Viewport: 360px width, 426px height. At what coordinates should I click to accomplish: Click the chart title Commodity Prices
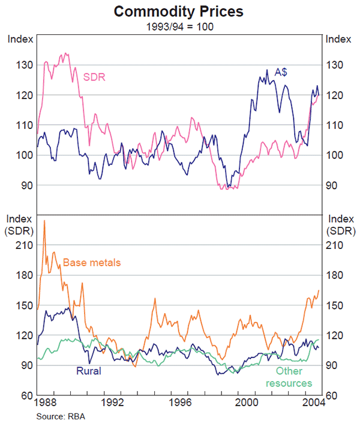180,11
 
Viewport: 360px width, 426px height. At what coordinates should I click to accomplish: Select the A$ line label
281,71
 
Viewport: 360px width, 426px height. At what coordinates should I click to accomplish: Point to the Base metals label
92,262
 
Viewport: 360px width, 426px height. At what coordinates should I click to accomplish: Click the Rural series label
88,371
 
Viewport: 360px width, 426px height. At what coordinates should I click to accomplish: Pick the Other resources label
289,377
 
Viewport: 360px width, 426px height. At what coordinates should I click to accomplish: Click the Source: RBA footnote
61,417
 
